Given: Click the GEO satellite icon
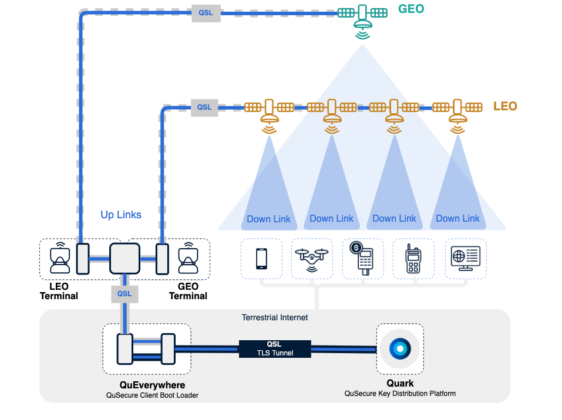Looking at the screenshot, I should coord(363,21).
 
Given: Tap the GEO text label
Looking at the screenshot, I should coord(410,9).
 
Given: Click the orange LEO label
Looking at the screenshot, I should coord(505,106).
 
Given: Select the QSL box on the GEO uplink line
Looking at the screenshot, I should coord(206,13).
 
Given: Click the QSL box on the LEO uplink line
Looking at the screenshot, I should coord(204,107).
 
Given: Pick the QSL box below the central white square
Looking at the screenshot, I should coord(124,293).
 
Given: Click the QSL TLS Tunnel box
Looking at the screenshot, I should coord(275,348).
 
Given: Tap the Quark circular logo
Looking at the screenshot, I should coord(399,348).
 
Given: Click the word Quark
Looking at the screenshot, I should coord(399,384).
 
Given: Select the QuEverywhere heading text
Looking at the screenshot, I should coord(152,385).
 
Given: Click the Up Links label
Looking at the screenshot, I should coord(121,215).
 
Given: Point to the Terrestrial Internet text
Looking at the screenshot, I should coord(274,317).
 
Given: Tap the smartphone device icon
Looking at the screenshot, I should coord(261,258).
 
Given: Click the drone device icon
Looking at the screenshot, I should coord(312,258).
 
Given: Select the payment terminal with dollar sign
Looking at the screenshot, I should coord(364,258).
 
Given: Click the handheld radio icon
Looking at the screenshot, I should coord(413,258).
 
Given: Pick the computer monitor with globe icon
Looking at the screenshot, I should coord(465,258).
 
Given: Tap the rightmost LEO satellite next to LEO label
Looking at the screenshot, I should coord(457,113).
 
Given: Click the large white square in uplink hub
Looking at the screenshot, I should coord(124,259).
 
